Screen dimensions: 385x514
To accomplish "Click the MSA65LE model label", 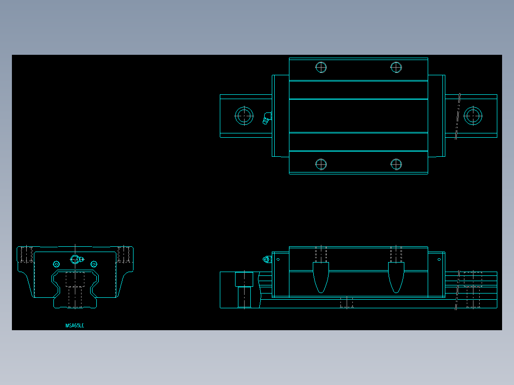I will [74, 325].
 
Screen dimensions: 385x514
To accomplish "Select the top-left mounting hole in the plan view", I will [321, 67].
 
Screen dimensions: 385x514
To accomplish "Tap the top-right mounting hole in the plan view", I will [396, 67].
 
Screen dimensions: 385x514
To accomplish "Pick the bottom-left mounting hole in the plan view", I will [321, 164].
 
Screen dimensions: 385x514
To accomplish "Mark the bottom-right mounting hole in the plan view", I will [396, 164].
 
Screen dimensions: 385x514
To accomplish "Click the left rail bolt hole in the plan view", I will [244, 116].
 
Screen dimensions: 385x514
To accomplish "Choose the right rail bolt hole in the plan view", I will [473, 116].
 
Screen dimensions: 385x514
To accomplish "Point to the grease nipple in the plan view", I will [267, 118].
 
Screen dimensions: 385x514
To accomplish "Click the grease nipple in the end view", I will [76, 259].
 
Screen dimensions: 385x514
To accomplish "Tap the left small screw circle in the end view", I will [56, 264].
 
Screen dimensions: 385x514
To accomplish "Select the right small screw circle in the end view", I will [93, 264].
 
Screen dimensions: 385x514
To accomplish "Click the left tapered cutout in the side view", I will [321, 277].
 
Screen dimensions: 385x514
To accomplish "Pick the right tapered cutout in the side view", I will [396, 277].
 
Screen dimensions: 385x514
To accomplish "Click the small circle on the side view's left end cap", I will [278, 260].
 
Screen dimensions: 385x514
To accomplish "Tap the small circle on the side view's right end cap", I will [439, 260].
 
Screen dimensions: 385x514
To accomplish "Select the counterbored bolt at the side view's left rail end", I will [244, 289].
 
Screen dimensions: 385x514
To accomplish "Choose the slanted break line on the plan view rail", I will [458, 116].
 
